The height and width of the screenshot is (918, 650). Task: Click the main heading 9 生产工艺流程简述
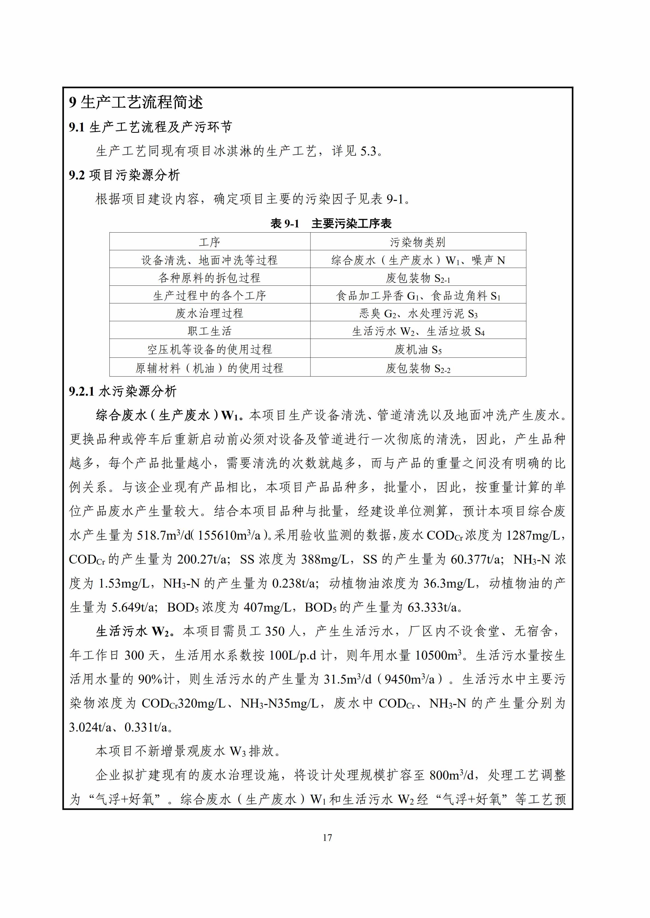click(x=136, y=102)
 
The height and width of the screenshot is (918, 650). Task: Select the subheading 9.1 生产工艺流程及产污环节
click(x=150, y=127)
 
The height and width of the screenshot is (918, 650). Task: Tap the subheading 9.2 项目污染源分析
click(x=124, y=175)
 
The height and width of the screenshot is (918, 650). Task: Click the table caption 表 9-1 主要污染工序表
click(x=331, y=224)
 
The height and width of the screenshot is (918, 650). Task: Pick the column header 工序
click(x=209, y=242)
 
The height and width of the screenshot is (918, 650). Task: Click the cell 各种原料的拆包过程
click(x=209, y=278)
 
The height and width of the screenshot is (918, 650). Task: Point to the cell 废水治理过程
click(x=209, y=313)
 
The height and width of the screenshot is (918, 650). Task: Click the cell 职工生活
click(x=209, y=331)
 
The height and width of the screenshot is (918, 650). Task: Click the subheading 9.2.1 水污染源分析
click(x=123, y=392)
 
